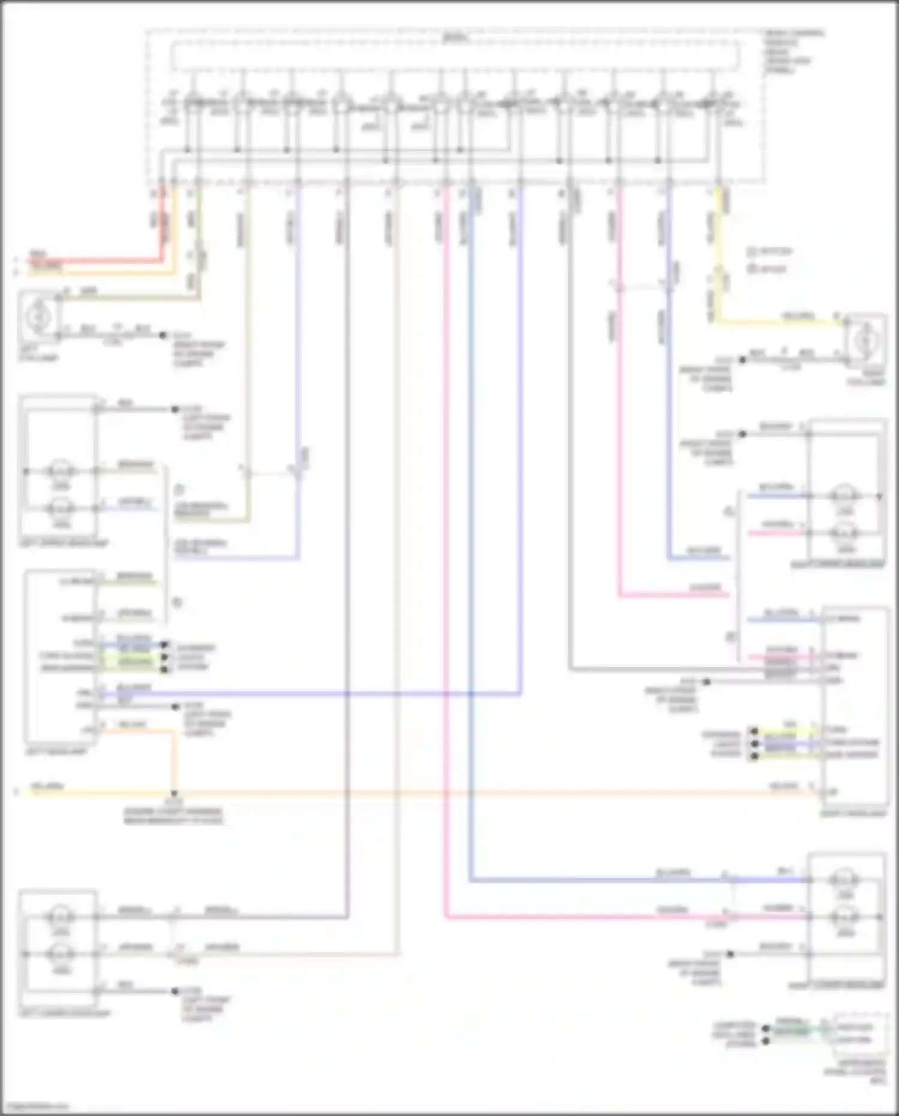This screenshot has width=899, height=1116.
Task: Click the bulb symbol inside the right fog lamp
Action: [865, 340]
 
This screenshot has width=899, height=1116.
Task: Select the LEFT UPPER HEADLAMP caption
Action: [64, 543]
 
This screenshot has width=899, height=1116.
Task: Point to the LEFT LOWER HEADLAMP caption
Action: [65, 1013]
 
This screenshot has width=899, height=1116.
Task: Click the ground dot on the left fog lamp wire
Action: [162, 335]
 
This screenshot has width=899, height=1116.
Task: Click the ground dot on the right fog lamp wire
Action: [742, 360]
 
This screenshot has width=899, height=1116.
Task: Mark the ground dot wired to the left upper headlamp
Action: [175, 410]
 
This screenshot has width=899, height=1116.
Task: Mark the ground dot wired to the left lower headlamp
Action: [175, 991]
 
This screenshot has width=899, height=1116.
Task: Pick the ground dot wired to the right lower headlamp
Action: [730, 953]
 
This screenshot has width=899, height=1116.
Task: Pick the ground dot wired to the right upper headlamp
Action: [742, 434]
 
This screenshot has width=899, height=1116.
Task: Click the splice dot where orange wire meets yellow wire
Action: [174, 793]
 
